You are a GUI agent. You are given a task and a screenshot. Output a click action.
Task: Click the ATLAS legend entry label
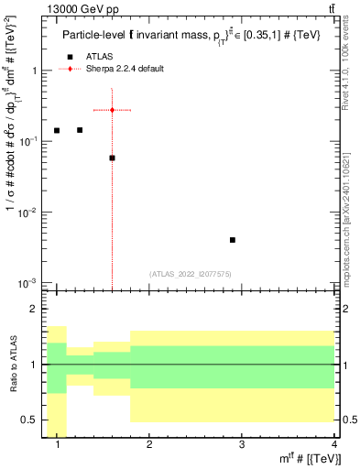[99, 57]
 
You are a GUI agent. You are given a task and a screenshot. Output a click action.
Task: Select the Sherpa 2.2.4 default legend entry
[126, 70]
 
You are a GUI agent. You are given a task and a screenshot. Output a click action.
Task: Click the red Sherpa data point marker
[112, 110]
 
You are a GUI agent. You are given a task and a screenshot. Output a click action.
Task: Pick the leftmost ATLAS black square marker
[57, 131]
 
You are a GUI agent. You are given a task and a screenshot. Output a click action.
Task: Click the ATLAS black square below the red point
[112, 158]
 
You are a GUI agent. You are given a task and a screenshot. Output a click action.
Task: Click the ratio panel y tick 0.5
[31, 420]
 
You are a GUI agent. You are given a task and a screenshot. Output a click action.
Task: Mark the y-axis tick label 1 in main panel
[35, 71]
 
